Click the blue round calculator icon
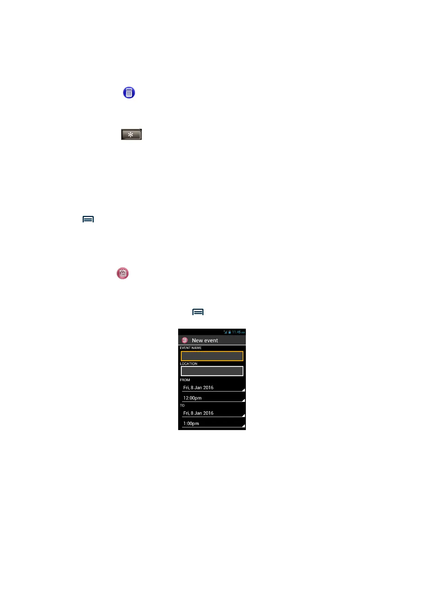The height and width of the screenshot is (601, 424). (x=129, y=93)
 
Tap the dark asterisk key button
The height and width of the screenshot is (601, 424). (x=131, y=135)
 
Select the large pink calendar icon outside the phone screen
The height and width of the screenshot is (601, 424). (x=123, y=273)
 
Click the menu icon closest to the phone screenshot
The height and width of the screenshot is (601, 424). (x=198, y=312)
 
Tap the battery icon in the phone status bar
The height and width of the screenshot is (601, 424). (x=230, y=332)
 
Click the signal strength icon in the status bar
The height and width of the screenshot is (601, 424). (x=226, y=332)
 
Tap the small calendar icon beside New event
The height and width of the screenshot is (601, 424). (x=185, y=340)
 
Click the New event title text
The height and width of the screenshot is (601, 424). (x=205, y=340)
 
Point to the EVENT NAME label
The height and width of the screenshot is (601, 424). (x=191, y=348)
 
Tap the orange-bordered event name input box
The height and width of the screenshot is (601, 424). (x=212, y=356)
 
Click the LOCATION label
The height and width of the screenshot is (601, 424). (x=188, y=364)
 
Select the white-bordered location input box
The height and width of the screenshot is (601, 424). (x=212, y=371)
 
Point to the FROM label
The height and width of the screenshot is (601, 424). (x=185, y=380)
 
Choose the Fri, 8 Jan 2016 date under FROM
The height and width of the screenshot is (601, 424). (x=198, y=388)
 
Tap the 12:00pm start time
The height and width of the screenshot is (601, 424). (x=192, y=398)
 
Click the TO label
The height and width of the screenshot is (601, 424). (x=182, y=405)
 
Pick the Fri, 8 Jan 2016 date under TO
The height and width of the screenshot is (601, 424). (x=198, y=413)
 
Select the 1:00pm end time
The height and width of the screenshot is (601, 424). (x=191, y=424)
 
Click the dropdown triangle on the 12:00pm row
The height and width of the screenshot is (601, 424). (x=243, y=400)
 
